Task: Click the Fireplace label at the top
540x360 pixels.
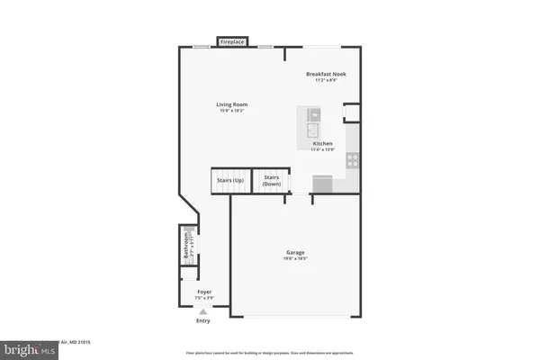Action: coord(232,41)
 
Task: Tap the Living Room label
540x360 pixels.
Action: coord(231,104)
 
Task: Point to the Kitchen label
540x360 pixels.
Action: coord(322,144)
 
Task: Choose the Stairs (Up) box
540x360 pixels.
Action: coord(230,180)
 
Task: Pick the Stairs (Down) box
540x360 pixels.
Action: coord(271,180)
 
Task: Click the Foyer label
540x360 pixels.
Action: coord(204,292)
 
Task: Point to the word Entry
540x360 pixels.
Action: coord(203,320)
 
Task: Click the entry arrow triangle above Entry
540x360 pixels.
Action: coord(203,311)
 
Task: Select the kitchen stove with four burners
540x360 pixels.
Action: coord(352,160)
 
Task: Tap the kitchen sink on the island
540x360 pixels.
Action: coord(313,115)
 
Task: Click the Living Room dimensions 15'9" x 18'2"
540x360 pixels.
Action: coord(231,111)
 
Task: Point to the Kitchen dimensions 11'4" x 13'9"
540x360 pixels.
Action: coord(322,150)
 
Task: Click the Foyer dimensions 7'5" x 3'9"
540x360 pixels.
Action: coord(204,299)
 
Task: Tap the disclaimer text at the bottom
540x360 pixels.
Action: coord(269,354)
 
